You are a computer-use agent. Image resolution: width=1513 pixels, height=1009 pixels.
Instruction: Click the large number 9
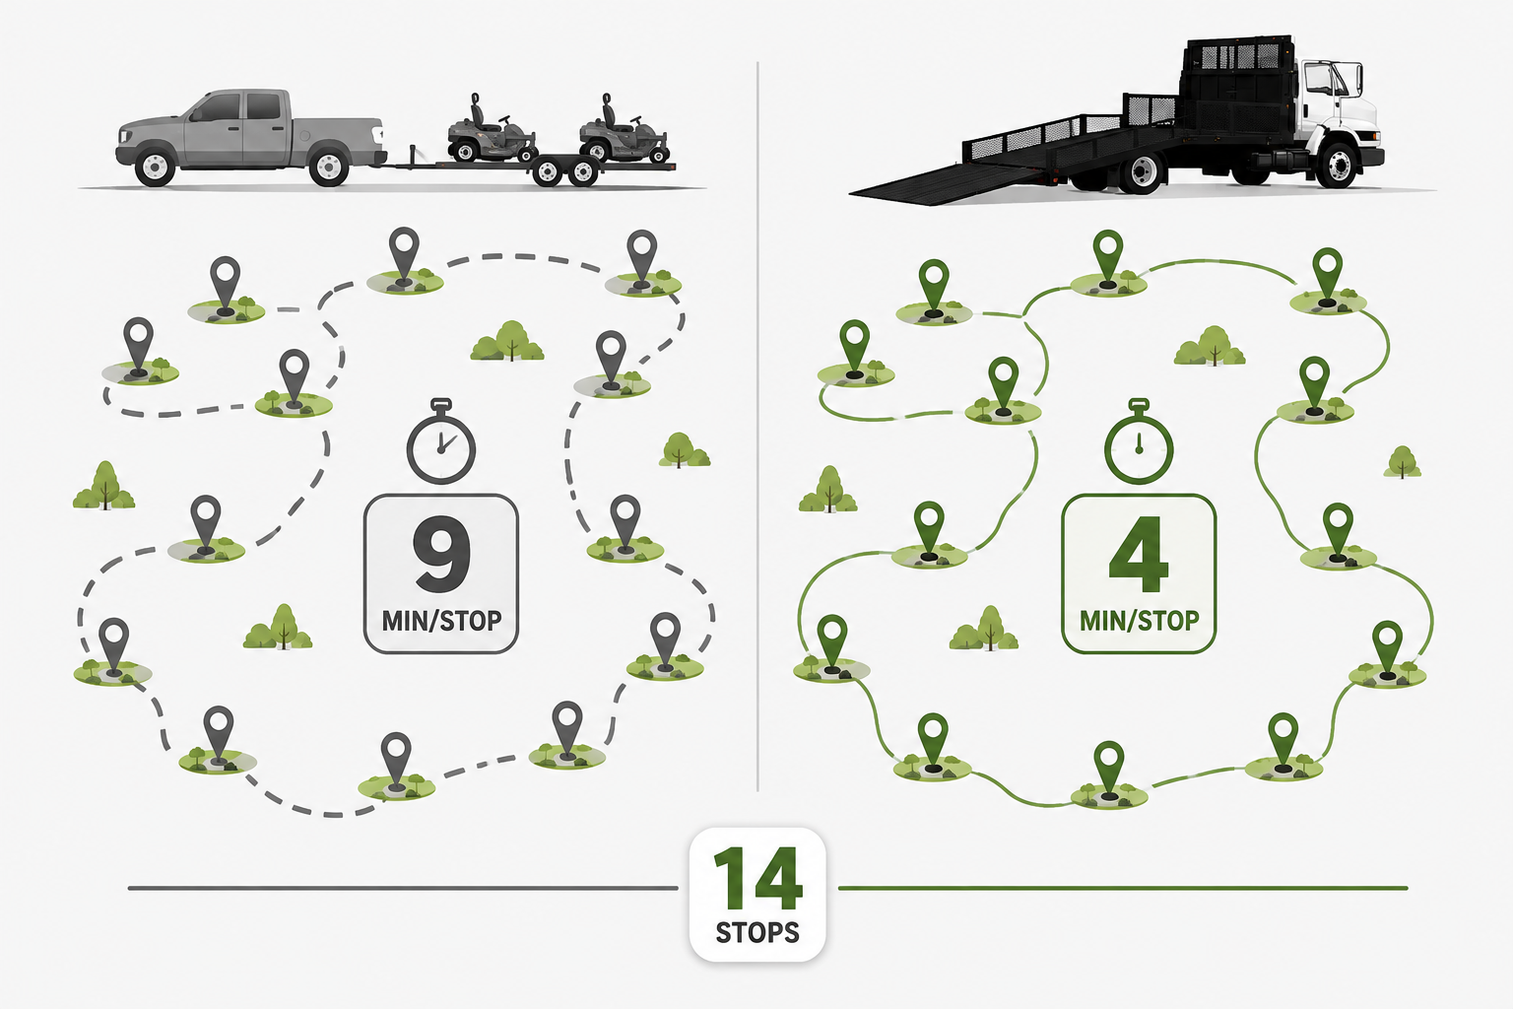click(x=441, y=554)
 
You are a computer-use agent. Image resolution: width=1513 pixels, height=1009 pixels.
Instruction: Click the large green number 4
click(x=1139, y=554)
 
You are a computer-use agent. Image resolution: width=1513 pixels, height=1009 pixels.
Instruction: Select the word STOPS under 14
click(x=757, y=932)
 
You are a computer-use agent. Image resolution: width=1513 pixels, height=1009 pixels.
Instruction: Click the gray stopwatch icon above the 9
click(x=441, y=441)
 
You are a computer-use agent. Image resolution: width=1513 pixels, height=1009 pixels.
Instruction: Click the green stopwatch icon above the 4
click(x=1139, y=441)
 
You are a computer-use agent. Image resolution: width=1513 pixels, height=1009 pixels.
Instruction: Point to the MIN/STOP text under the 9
click(x=441, y=621)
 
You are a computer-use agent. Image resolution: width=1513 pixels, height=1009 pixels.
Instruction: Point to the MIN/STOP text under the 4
click(x=1140, y=621)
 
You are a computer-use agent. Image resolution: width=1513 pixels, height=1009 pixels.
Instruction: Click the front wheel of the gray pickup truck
click(x=155, y=167)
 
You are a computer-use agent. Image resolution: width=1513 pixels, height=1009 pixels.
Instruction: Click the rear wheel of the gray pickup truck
click(x=329, y=167)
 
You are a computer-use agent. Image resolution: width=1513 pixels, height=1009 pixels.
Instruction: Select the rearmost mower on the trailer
click(x=623, y=132)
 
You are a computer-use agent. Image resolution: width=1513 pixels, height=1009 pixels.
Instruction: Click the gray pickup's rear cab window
click(x=263, y=106)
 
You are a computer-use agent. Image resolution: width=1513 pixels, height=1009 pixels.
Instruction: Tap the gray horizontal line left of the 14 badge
click(x=403, y=888)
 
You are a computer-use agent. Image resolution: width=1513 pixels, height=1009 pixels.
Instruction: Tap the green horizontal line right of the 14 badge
click(x=1123, y=888)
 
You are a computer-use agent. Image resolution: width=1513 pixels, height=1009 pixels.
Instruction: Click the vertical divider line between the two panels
click(x=757, y=426)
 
